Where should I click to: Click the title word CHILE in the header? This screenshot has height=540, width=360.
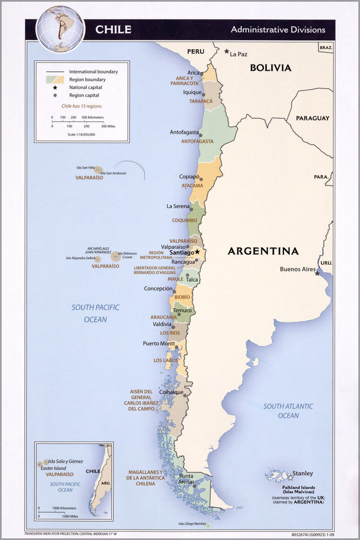[x=113, y=30]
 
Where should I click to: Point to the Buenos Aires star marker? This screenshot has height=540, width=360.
[x=317, y=273]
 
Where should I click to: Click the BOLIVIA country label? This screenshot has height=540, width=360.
[x=270, y=68]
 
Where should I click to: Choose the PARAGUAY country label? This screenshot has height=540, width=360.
[x=312, y=118]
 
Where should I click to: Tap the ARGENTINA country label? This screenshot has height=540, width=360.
[x=263, y=251]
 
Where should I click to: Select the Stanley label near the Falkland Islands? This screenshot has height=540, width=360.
[x=302, y=474]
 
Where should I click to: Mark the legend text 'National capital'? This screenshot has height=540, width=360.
[x=85, y=87]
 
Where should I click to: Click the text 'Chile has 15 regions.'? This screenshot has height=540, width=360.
[x=81, y=106]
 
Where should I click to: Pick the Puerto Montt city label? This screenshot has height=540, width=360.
[x=159, y=343]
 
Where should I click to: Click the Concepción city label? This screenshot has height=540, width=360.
[x=158, y=289]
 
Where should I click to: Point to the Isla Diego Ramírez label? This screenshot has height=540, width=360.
[x=193, y=524]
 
